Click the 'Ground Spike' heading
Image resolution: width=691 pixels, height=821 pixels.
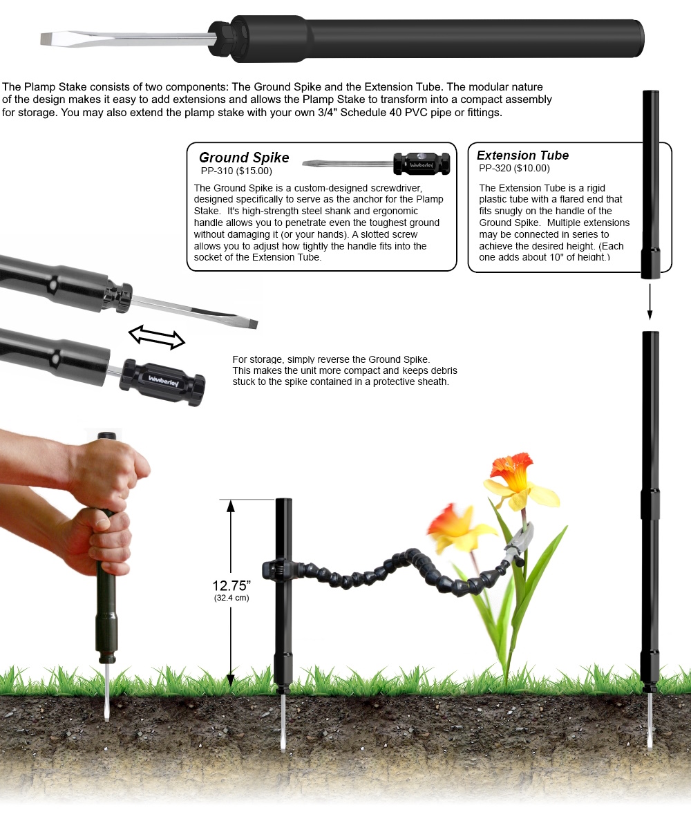[x=244, y=158]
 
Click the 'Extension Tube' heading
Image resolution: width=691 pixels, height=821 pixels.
[x=522, y=155]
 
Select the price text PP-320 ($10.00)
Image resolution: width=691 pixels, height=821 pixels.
[x=514, y=168]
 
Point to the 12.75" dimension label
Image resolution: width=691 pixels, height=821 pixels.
[x=231, y=587]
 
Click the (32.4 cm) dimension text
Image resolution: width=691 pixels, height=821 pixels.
[x=231, y=598]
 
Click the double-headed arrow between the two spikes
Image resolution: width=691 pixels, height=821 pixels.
[x=158, y=337]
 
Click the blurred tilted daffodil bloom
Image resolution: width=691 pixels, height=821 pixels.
[x=456, y=527]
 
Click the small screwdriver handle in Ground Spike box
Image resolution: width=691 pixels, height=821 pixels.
[x=422, y=164]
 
